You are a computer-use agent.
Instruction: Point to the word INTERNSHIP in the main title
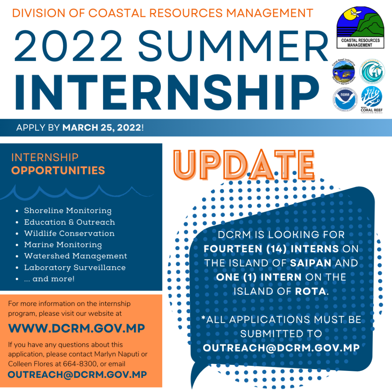point(163,89)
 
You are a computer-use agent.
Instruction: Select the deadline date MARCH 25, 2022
point(101,127)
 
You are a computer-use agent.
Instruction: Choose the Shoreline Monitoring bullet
point(68,211)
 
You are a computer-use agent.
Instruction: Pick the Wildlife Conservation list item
point(69,233)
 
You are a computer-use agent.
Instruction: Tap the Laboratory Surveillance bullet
point(75,268)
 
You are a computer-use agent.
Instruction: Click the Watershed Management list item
point(75,256)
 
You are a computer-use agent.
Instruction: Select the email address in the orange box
point(77,374)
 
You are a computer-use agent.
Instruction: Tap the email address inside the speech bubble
point(281,348)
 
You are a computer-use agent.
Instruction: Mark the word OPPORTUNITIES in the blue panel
point(58,170)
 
